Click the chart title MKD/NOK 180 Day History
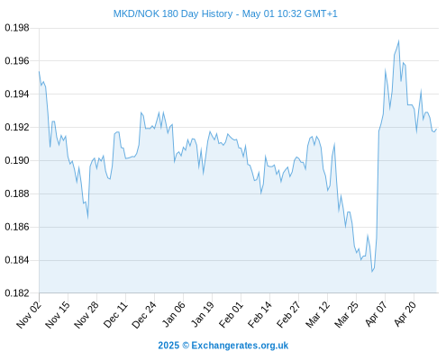[x=173, y=13]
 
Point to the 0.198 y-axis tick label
[x=17, y=28]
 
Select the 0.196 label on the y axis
[x=17, y=61]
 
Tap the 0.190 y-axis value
[x=17, y=161]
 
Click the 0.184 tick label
[x=17, y=260]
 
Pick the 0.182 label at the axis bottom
[x=17, y=293]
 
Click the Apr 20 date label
[x=405, y=314]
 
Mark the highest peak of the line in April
[x=398, y=40]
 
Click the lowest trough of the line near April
[x=372, y=272]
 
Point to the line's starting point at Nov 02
[x=39, y=71]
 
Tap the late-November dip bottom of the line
[x=87, y=217]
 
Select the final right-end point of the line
[x=436, y=129]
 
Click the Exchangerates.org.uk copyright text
[x=240, y=346]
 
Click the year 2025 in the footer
[x=168, y=346]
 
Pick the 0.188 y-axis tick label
[x=17, y=193]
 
